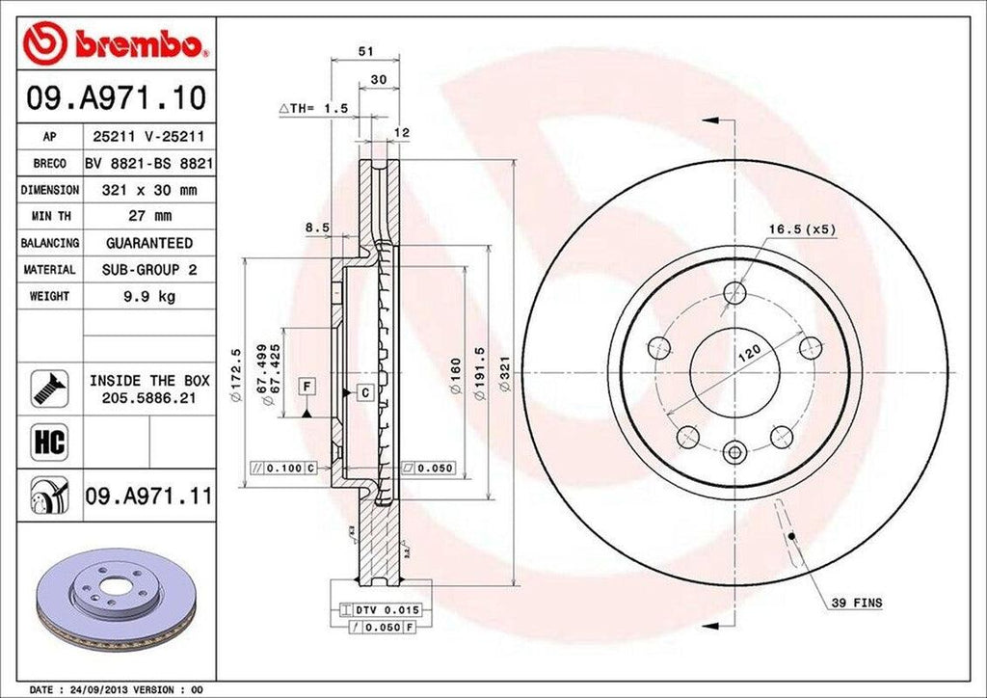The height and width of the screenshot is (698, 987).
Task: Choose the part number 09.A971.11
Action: click(148, 497)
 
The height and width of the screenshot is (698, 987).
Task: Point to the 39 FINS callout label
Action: click(856, 603)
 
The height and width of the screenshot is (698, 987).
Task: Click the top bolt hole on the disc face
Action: click(735, 291)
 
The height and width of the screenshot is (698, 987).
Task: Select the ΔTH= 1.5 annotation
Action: click(313, 109)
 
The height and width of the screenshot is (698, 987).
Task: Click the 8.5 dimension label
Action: click(317, 228)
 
